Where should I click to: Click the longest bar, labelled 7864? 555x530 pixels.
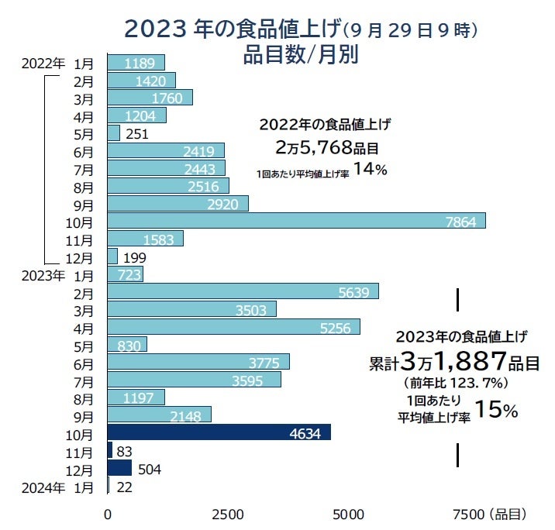point(296,221)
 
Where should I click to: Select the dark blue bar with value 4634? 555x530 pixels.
point(219,432)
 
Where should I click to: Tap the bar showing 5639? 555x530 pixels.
point(243,291)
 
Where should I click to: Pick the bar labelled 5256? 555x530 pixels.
point(233,327)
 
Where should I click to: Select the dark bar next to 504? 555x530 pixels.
point(119,468)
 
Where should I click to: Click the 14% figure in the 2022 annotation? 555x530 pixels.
point(370,170)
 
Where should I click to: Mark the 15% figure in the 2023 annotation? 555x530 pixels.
point(496,410)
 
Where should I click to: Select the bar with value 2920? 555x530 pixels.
point(178,204)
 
